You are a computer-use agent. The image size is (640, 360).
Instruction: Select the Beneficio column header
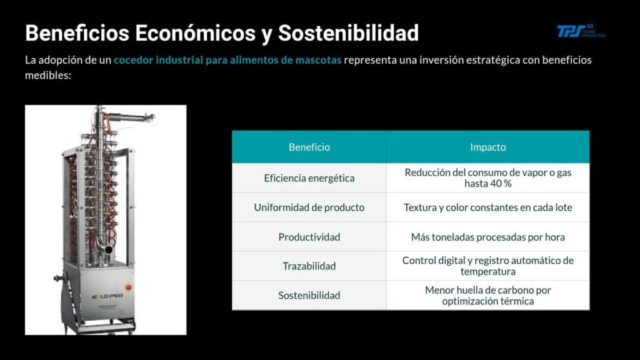[309, 147]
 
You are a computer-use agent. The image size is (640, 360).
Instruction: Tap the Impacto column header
[487, 147]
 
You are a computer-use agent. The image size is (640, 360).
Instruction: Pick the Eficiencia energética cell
[309, 178]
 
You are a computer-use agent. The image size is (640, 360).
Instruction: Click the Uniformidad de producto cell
[309, 207]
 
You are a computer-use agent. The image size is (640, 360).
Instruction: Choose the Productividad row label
[309, 237]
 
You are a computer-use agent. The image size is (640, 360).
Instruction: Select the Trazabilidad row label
[309, 266]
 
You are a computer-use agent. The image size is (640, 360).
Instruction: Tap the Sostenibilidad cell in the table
[309, 296]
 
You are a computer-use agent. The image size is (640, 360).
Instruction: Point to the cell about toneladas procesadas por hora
[487, 237]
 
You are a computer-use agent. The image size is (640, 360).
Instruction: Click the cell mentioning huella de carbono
[487, 296]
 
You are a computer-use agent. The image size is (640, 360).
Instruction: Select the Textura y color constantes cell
[487, 207]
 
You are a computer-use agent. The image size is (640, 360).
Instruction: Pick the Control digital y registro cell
[487, 266]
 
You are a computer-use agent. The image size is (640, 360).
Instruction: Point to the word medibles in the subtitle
[44, 74]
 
